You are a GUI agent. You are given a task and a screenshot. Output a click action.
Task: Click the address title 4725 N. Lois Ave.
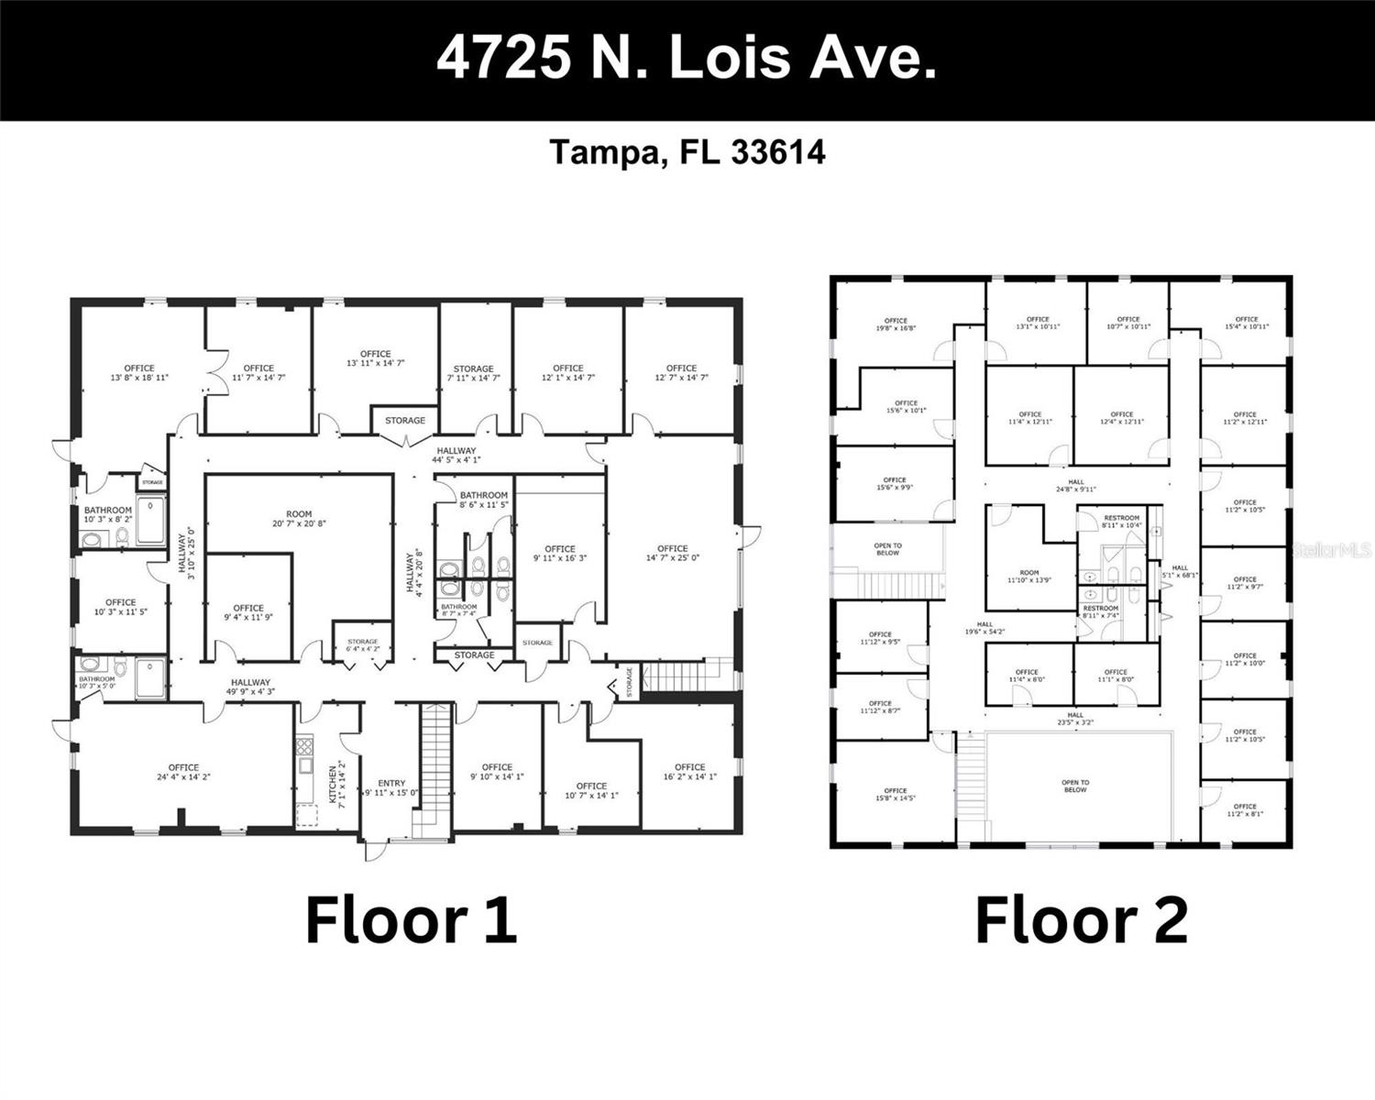tap(687, 59)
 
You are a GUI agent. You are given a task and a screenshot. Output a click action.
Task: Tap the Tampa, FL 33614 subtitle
tap(687, 152)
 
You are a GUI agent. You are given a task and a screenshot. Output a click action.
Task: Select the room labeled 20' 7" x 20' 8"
tap(299, 520)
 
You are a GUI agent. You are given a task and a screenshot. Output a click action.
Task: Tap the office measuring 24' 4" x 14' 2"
tap(183, 773)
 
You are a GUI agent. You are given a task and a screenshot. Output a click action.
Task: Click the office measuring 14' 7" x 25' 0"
tap(672, 553)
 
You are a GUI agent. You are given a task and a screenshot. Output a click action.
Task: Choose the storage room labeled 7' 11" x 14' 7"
tap(473, 373)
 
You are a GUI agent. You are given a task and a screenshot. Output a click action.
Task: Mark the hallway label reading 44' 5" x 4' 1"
tap(456, 456)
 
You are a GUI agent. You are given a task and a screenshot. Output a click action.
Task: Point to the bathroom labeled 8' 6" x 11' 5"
tap(484, 500)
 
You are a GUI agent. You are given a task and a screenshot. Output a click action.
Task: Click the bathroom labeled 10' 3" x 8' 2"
tap(108, 514)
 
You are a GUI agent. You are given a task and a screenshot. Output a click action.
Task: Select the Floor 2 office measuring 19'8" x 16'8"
tap(896, 324)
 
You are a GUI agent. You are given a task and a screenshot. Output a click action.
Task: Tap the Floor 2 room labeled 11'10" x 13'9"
tap(1028, 577)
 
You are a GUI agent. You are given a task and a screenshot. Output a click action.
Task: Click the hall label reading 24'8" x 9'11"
tap(1076, 486)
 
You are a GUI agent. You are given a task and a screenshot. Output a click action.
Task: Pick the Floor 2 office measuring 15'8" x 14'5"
tap(895, 795)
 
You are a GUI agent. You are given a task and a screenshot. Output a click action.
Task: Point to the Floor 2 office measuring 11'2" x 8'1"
tap(1245, 810)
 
